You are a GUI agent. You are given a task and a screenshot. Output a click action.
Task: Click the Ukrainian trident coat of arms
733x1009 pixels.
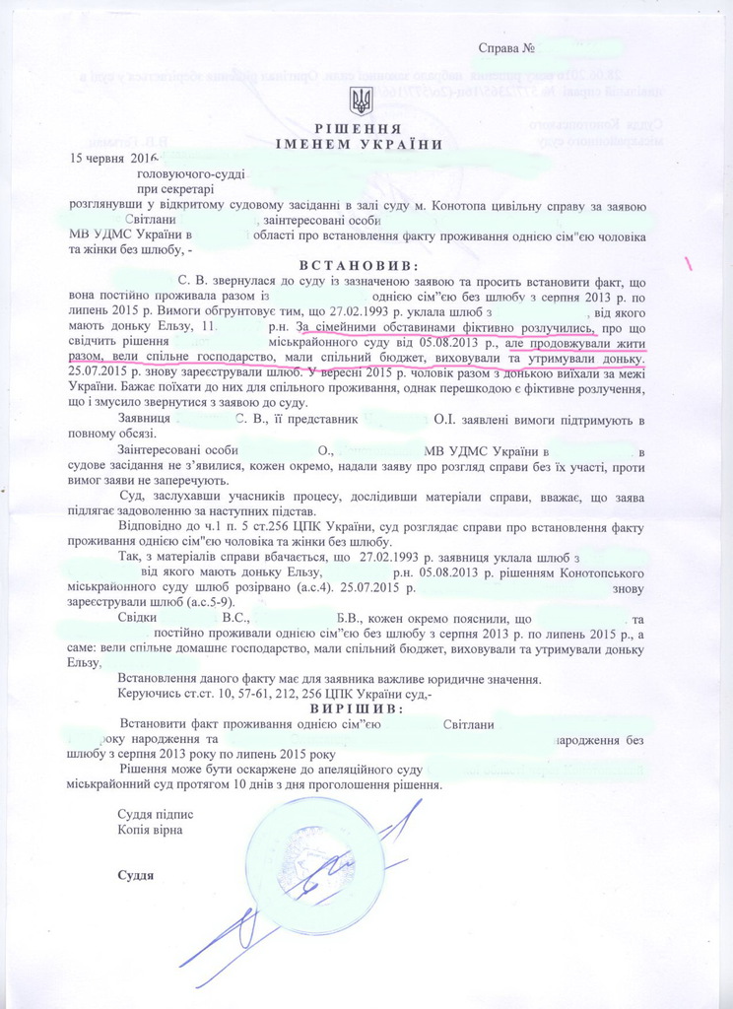[x=361, y=101]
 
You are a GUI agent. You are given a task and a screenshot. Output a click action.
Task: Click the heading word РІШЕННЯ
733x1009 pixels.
[x=361, y=129]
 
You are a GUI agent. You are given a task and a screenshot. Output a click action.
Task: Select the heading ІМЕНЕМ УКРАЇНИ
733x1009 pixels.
[x=361, y=144]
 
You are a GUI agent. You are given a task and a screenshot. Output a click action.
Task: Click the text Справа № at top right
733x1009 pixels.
[x=506, y=47]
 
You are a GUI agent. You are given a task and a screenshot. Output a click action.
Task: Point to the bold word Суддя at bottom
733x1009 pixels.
[x=136, y=875]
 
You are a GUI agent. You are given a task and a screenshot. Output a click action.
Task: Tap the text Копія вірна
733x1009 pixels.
[x=149, y=830]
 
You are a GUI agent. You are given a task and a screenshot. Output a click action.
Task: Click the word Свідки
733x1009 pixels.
[x=138, y=618]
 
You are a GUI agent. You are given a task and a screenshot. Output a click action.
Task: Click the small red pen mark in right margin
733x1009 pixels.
[x=688, y=263]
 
